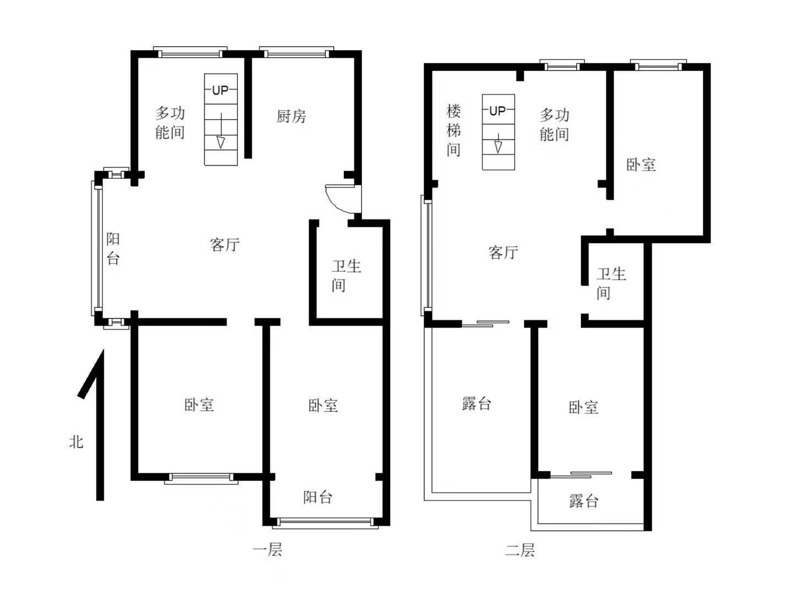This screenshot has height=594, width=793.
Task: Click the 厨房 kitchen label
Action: [291, 116]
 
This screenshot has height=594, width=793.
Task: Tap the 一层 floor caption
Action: [267, 549]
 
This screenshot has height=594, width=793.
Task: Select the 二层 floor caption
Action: [520, 549]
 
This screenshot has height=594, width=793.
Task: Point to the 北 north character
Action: [77, 442]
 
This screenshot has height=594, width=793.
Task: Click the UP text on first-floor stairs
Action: [220, 90]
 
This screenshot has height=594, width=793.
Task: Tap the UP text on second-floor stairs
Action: [497, 111]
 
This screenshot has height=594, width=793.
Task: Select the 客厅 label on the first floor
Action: [225, 244]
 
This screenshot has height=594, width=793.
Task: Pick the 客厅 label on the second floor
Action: [503, 252]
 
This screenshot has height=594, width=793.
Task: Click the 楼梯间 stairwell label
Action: [453, 130]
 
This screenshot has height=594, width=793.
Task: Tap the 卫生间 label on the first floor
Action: [346, 276]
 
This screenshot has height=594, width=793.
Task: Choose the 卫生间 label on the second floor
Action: [611, 283]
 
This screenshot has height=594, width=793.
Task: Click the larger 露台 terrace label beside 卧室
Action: [476, 404]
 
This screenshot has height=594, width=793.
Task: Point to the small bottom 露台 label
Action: [584, 501]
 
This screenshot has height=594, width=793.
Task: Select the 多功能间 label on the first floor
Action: [170, 123]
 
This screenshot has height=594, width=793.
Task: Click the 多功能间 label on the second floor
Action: [554, 124]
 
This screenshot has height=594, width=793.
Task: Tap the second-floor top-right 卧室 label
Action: [641, 164]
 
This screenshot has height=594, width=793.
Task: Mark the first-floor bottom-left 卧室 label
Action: [198, 405]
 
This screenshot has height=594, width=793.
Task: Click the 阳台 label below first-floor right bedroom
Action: [318, 497]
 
